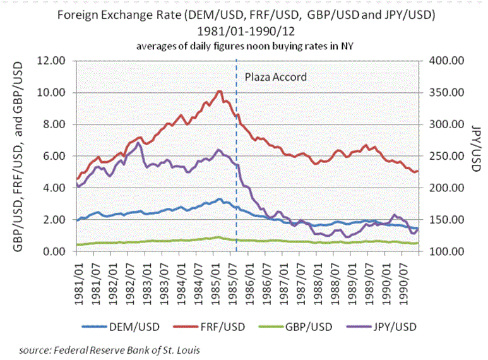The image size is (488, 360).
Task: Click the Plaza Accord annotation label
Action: (275, 77)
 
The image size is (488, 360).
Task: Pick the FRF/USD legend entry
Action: (218, 327)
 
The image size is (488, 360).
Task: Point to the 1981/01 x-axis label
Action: (78, 275)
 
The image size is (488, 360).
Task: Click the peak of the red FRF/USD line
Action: (219, 91)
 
